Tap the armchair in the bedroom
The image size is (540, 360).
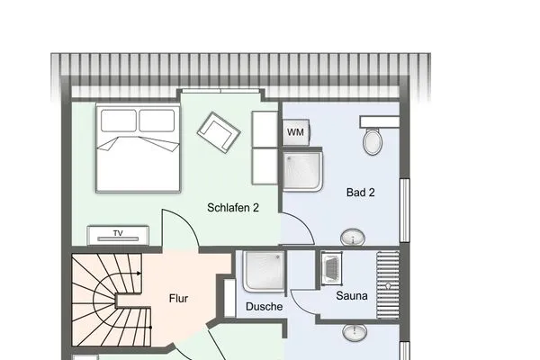220,131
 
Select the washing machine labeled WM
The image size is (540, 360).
295,131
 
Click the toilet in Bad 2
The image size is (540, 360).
373,139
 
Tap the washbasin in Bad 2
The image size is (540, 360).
353,238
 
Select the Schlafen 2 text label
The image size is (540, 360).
233,207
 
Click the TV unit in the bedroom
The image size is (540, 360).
117,235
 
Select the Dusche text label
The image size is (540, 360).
264,306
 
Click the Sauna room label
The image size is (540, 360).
352,295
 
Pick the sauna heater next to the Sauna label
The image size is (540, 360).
329,267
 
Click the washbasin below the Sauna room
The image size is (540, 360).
353,333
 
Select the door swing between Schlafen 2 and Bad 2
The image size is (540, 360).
297,229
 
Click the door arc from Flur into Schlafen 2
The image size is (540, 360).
180,230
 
